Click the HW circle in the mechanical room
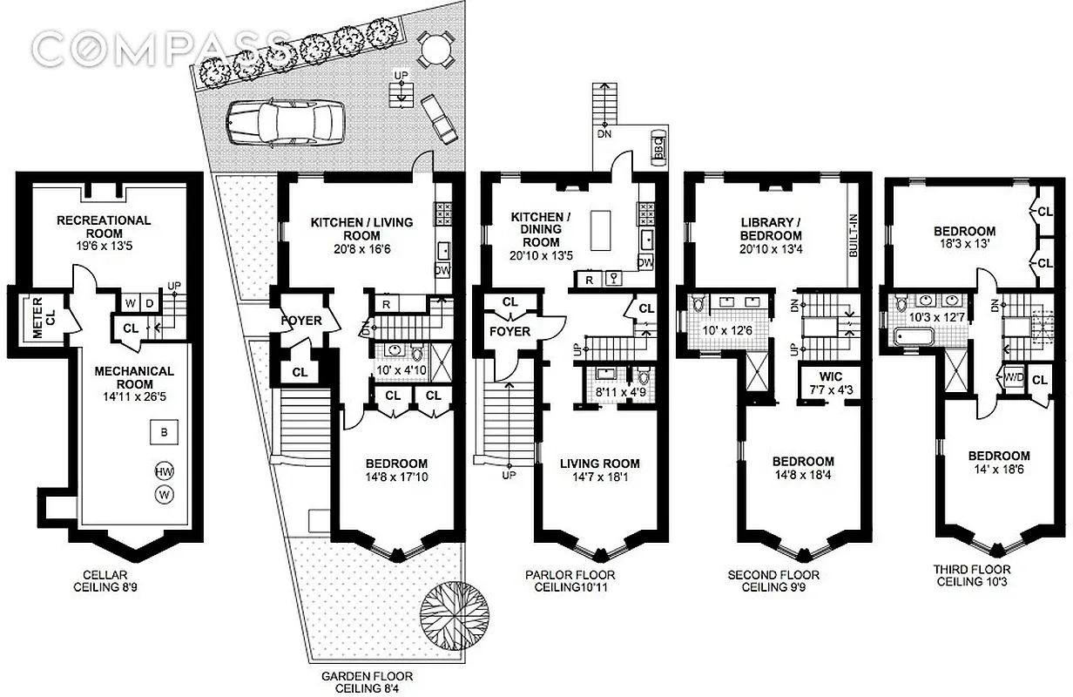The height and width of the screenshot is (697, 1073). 163,471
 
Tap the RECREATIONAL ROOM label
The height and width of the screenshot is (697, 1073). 104,227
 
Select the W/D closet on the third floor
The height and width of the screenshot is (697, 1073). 1013,380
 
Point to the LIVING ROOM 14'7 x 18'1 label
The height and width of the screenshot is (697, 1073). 599,470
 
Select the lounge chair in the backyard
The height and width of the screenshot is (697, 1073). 437,119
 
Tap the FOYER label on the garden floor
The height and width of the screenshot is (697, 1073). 300,321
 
